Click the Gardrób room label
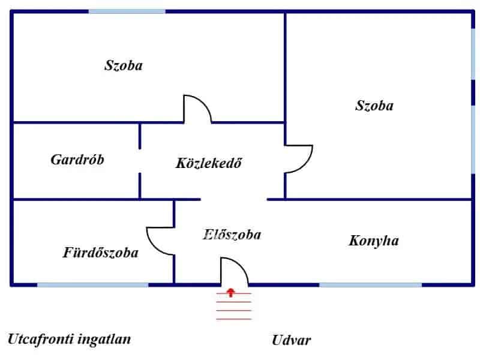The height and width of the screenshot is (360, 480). coord(77,160)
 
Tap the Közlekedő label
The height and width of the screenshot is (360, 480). coord(209,163)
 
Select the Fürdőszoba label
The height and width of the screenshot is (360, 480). coord(101,253)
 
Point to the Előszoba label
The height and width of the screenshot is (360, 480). coord(232,235)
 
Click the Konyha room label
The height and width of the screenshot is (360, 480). coord(374,241)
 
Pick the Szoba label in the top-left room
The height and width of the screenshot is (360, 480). coord(124,65)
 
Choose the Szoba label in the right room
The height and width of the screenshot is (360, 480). coord(374,106)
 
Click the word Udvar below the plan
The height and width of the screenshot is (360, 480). coord(292,340)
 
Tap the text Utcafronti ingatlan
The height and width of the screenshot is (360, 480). coord(69,339)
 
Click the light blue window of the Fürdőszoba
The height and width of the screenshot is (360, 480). coord(93,284)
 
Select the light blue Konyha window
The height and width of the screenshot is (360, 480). coord(370,284)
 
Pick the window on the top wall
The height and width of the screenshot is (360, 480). coord(127,11)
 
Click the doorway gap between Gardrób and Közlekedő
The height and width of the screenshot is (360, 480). coord(140,160)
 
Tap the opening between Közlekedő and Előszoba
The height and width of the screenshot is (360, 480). coord(233,199)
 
